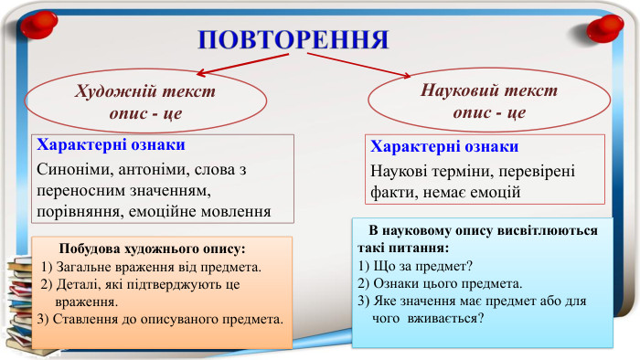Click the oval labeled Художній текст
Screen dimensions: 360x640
[145, 104]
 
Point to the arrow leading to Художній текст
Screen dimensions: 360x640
[242, 65]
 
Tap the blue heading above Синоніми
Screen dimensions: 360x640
[110, 145]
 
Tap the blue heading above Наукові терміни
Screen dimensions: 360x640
[445, 146]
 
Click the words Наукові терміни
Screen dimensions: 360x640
[422, 171]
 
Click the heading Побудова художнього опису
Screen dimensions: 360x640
[152, 249]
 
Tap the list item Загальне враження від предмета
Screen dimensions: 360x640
[152, 267]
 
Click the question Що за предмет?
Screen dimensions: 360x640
[414, 266]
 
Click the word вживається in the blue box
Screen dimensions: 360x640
[444, 318]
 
